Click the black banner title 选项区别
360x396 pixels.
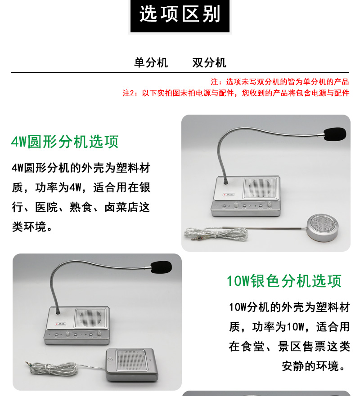coord(180,14)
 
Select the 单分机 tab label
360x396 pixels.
coord(151,62)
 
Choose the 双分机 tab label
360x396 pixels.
coord(209,62)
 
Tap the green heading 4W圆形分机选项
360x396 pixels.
coord(65,142)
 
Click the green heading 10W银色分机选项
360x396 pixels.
coord(284,281)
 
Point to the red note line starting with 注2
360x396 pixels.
coord(236,93)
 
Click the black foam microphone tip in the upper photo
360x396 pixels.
coord(335,134)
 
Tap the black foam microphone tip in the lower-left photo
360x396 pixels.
coord(161,267)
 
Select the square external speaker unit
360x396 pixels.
coord(132,365)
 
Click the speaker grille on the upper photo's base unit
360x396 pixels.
coord(260,188)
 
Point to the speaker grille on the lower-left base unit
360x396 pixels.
coord(90,318)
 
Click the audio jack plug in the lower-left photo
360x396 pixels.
coord(28,364)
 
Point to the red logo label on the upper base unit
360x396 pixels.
coord(229,195)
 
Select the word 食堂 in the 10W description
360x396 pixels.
coord(253,347)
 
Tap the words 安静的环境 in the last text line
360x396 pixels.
coord(310,366)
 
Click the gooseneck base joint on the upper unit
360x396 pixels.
coord(225,182)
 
